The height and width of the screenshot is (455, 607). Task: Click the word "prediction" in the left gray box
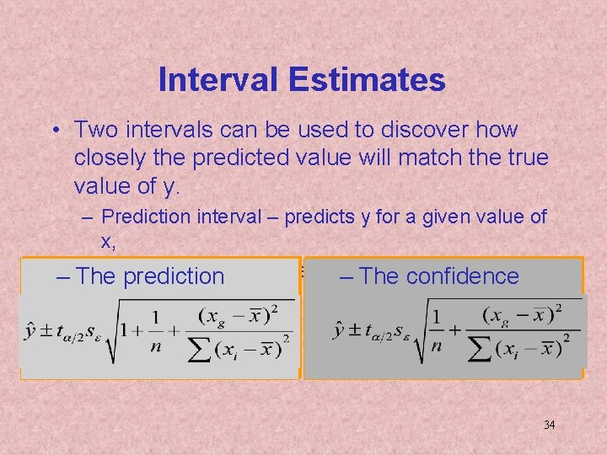(x=174, y=276)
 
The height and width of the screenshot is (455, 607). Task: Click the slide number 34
(x=549, y=425)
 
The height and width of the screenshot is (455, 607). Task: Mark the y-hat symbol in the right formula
(x=339, y=329)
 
